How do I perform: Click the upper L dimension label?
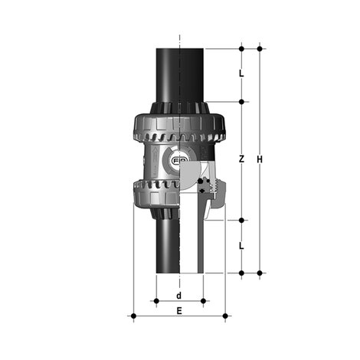(241, 74)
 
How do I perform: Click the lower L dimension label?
(241, 246)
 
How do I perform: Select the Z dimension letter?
(241, 159)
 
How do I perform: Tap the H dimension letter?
(260, 159)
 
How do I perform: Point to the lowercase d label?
(178, 295)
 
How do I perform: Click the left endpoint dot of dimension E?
(133, 316)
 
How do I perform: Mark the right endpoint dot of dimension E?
(225, 316)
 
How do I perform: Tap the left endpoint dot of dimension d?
(156, 301)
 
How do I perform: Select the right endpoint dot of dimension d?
(203, 301)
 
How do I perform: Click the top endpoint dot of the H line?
(260, 48)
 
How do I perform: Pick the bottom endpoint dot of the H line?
(260, 273)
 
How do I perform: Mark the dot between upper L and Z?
(242, 102)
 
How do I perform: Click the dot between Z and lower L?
(242, 220)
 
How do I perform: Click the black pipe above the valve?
(178, 73)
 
